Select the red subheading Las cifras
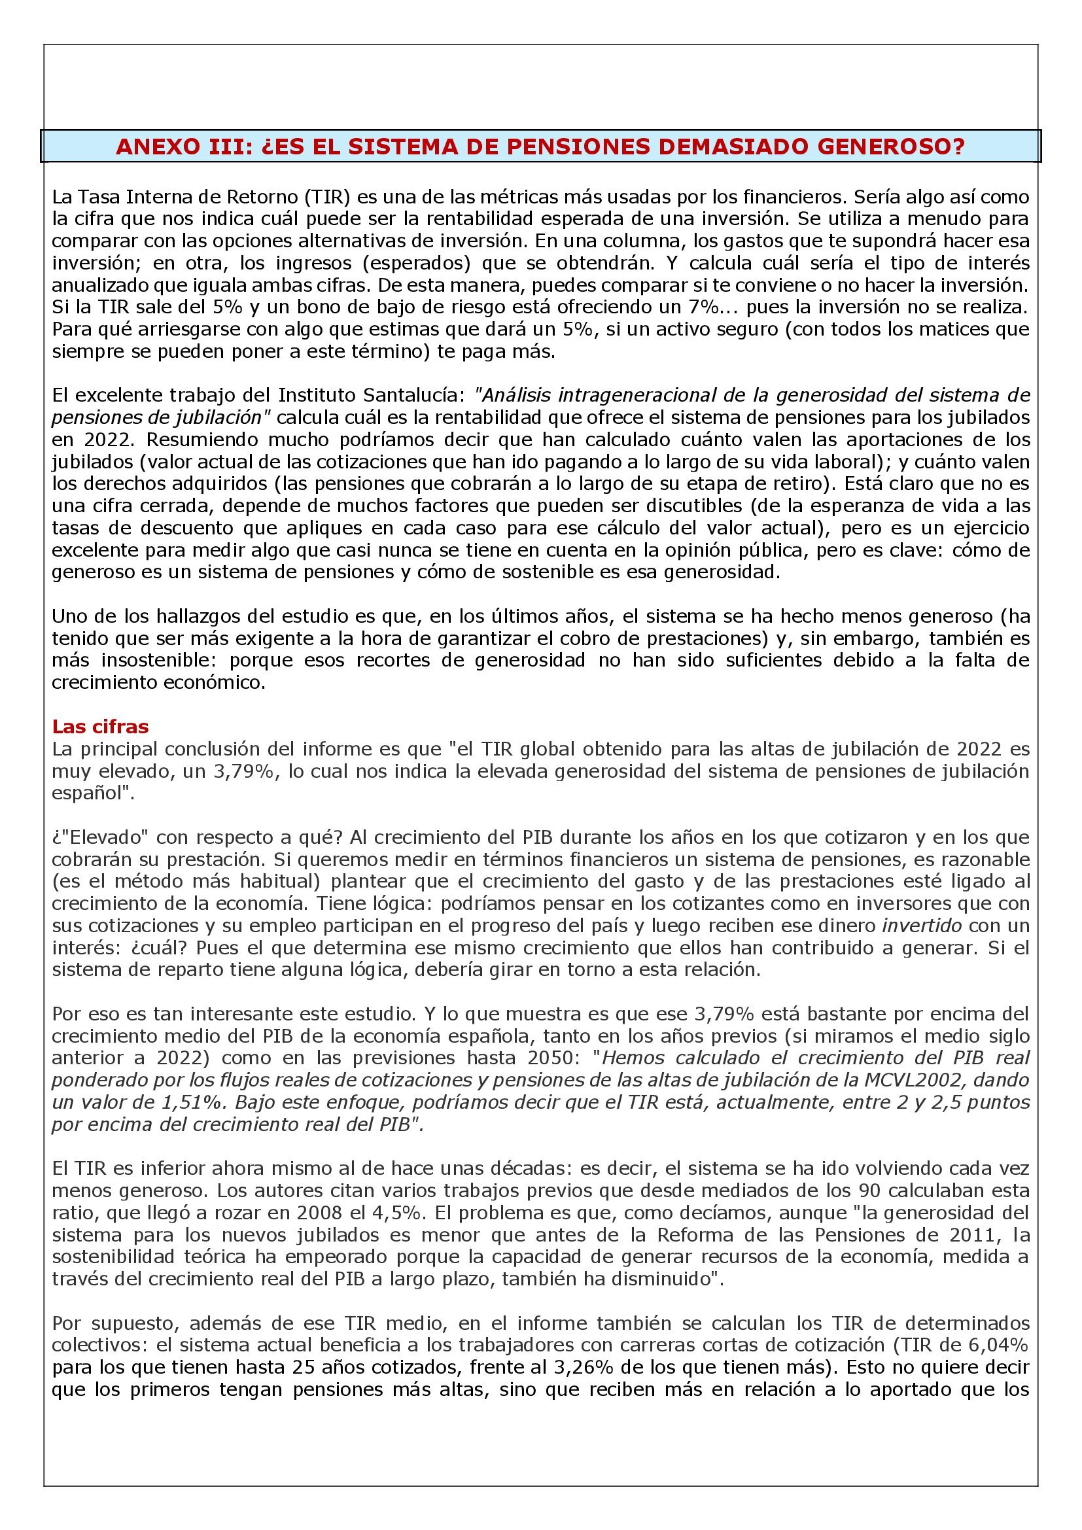point(101,726)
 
